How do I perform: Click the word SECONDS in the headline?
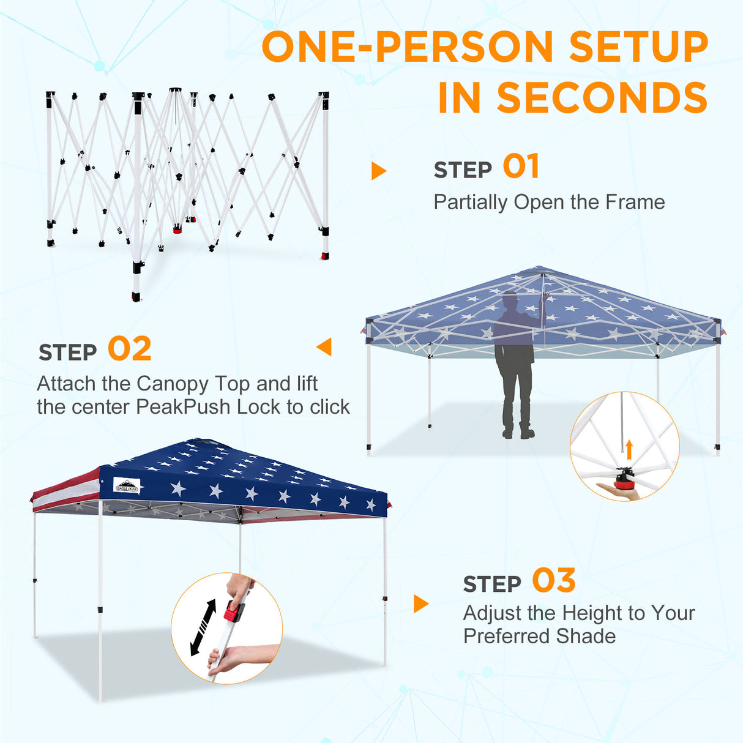click(x=602, y=97)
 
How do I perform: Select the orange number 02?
click(x=130, y=348)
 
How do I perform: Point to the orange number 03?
click(x=554, y=580)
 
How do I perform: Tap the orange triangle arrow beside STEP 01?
click(x=378, y=171)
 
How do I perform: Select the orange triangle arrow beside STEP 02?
click(x=324, y=346)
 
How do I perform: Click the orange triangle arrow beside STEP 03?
click(x=420, y=603)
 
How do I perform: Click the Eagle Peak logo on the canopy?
click(x=127, y=486)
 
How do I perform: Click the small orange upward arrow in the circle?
click(x=629, y=450)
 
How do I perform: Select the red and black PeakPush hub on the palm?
click(x=623, y=478)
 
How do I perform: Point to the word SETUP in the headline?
click(x=639, y=47)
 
